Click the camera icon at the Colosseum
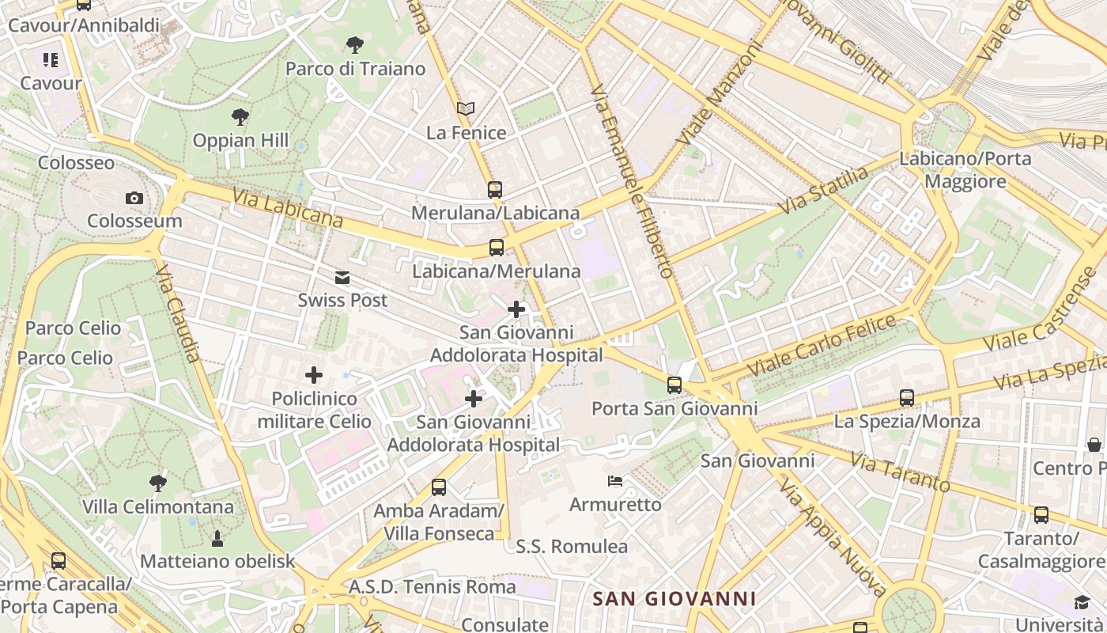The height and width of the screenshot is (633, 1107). [x=134, y=198]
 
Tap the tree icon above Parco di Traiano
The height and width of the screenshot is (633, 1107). [x=355, y=44]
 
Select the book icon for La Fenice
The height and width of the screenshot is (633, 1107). [x=466, y=108]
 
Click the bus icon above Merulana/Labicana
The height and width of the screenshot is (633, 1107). [x=495, y=189]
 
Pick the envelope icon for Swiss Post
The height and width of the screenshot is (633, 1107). [x=342, y=277]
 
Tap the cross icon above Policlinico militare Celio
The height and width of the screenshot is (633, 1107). [x=314, y=374]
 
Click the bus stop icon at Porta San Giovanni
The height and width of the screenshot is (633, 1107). [x=674, y=385]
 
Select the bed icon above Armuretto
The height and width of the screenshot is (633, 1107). [x=615, y=480]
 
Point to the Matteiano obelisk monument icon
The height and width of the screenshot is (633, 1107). [x=217, y=539]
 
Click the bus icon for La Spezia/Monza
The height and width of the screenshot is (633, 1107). [x=907, y=398]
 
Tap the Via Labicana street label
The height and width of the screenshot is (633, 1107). [x=288, y=207]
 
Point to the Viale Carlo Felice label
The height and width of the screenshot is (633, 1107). [x=822, y=346]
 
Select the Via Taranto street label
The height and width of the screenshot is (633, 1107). [x=900, y=472]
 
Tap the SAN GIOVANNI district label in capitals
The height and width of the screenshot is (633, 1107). [x=674, y=599]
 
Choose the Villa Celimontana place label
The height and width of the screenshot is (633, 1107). [x=158, y=506]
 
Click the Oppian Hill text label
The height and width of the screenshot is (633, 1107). [x=240, y=141]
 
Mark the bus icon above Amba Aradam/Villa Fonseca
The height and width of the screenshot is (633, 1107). [x=439, y=487]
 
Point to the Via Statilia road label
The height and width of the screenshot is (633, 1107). [x=823, y=190]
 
